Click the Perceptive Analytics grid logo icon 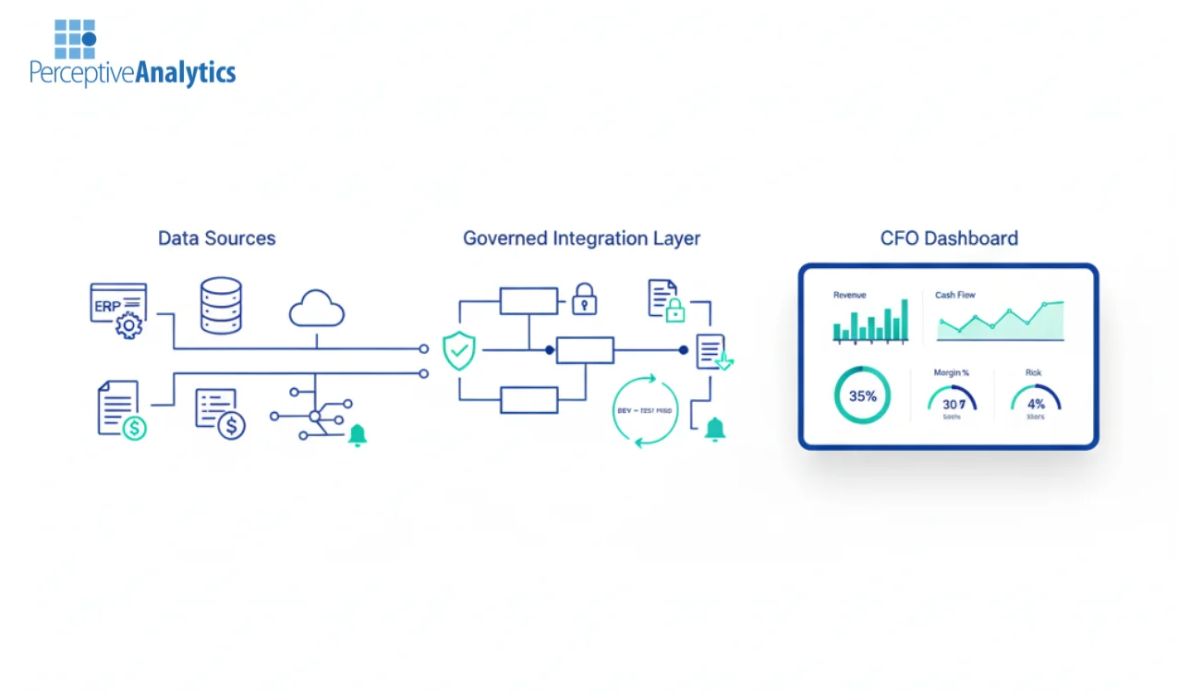point(75,40)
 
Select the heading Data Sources point(216,238)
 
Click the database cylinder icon point(221,305)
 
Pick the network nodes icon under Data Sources point(311,416)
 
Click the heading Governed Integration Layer point(581,238)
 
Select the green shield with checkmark point(459,351)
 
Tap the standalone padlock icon point(584,299)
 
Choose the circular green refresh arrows point(645,410)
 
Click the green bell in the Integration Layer point(714,429)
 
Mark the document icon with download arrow point(713,352)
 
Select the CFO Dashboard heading point(949,238)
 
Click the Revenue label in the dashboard point(849,295)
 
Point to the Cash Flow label point(954,295)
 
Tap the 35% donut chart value point(862,396)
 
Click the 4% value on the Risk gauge point(1036,403)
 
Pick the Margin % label point(951,372)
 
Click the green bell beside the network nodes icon point(357,435)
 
